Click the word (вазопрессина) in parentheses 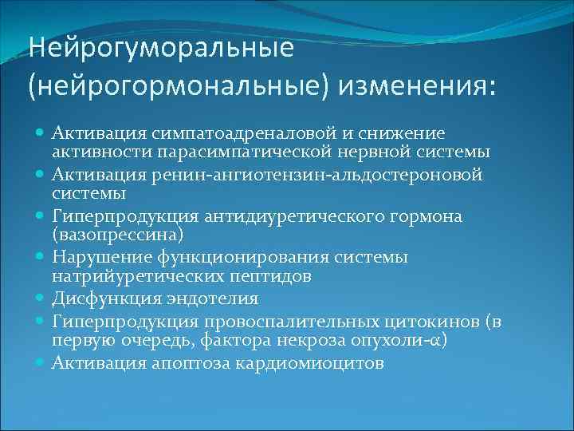[x=117, y=235]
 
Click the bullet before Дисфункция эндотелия [x=40, y=299]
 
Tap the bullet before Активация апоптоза [x=40, y=364]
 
